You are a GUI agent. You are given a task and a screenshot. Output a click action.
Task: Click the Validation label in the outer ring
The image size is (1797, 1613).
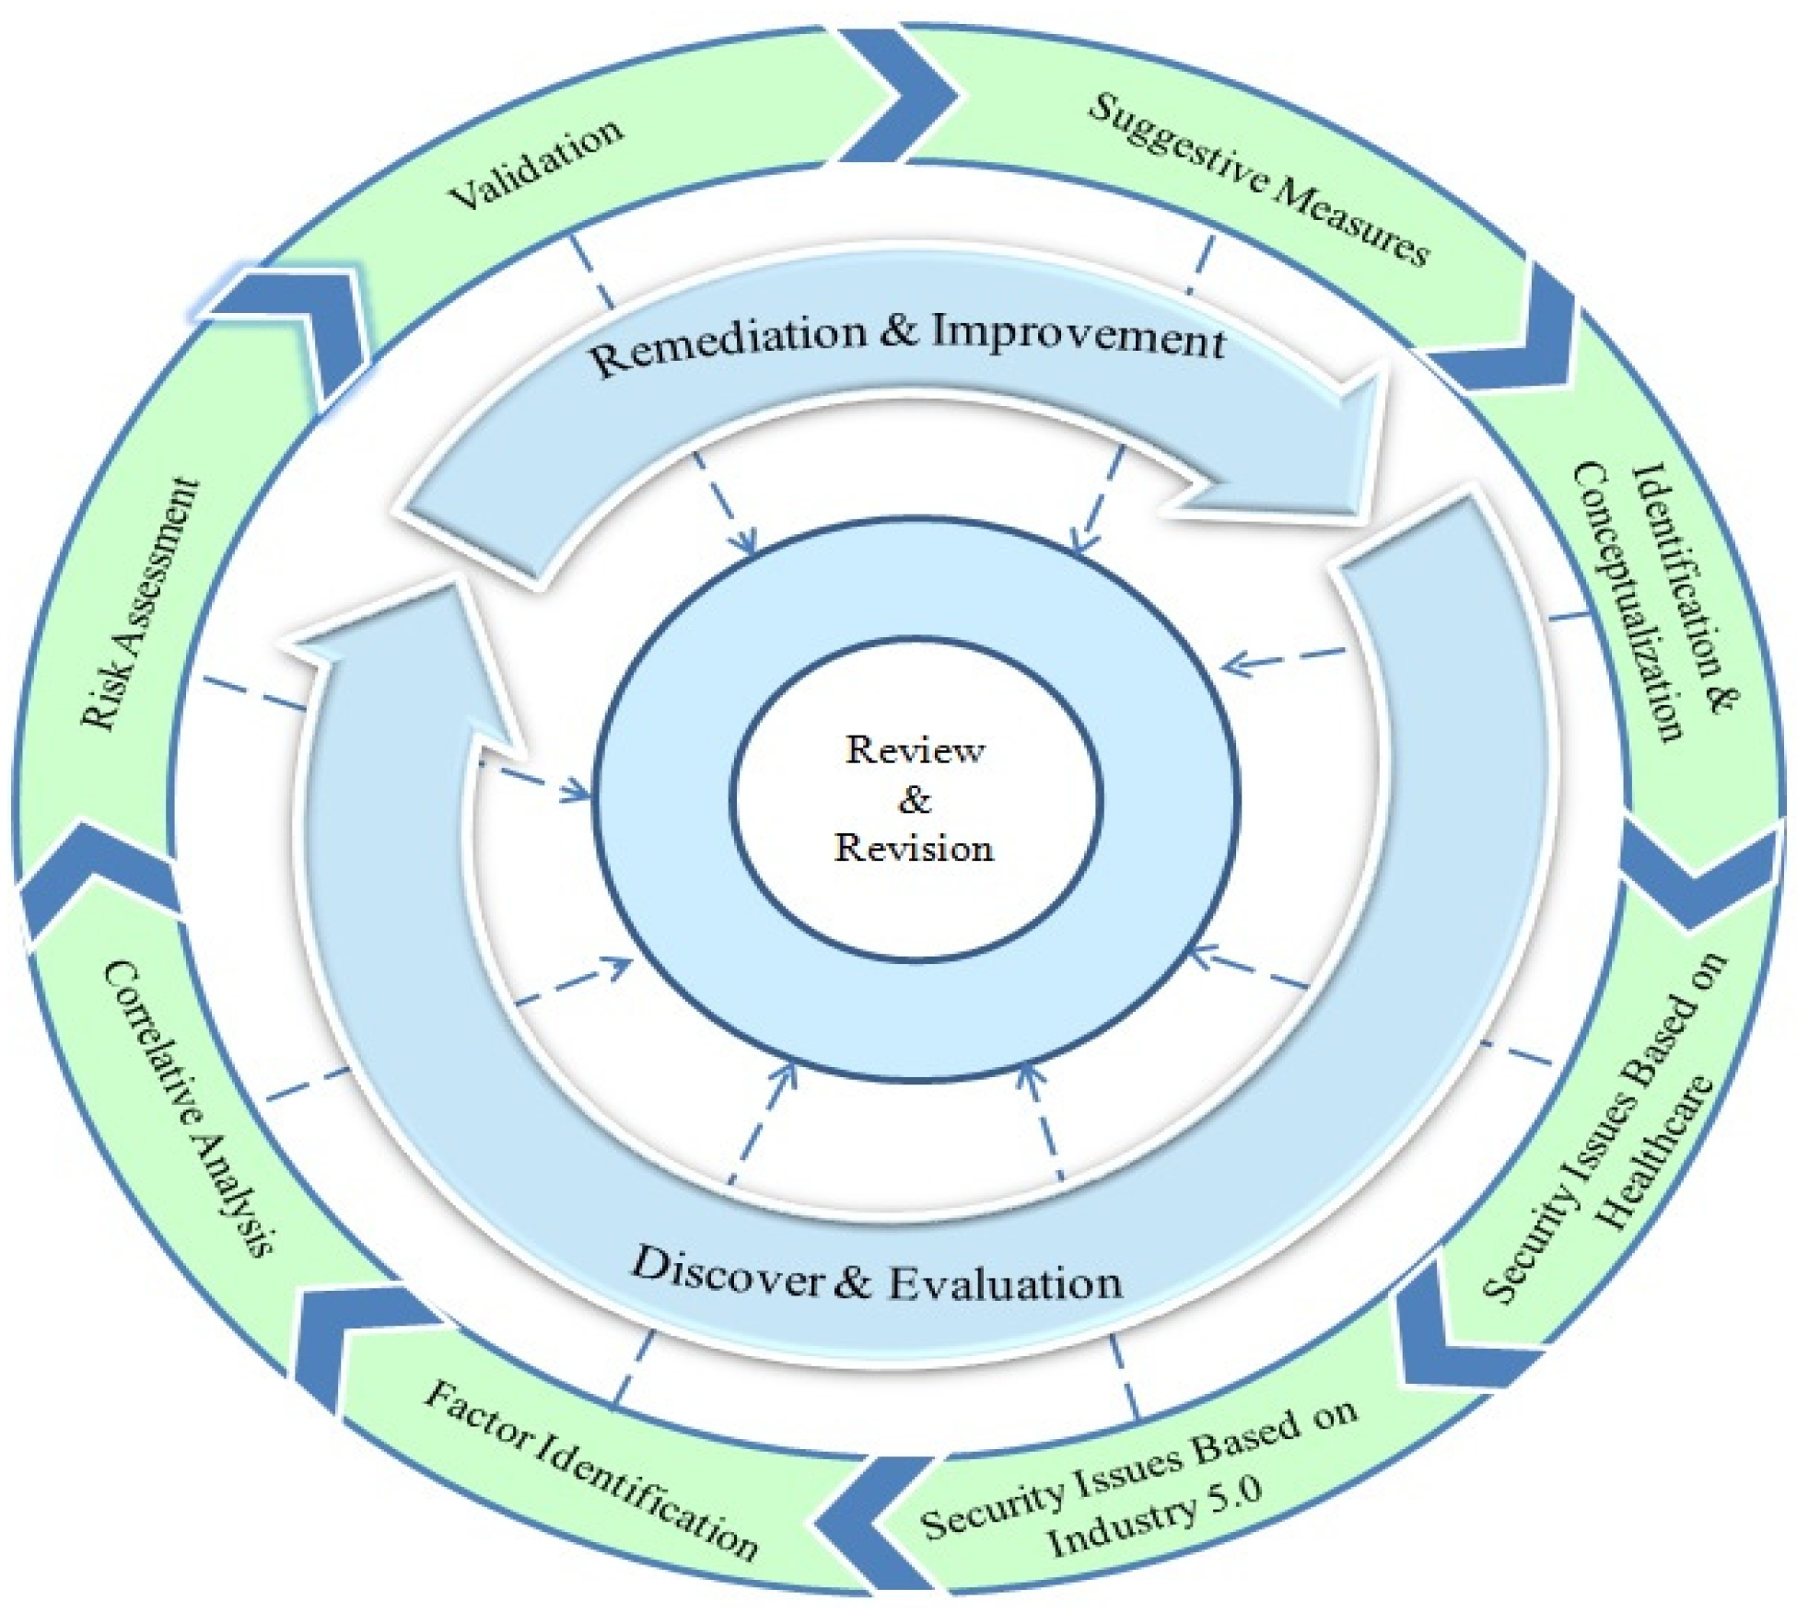tap(537, 164)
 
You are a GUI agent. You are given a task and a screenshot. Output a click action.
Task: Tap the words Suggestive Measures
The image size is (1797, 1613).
tap(1257, 180)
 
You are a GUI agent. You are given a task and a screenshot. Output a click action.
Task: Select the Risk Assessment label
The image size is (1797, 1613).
tap(140, 604)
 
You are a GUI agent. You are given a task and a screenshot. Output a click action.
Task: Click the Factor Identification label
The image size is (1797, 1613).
tap(590, 1470)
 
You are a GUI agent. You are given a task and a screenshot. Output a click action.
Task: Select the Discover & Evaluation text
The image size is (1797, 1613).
tap(876, 1277)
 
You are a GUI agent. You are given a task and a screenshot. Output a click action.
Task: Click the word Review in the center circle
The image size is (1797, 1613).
tap(915, 749)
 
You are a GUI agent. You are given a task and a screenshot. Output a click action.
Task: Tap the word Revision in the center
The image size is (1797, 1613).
tap(914, 848)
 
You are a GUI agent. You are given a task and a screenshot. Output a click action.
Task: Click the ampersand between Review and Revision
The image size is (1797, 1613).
tap(914, 799)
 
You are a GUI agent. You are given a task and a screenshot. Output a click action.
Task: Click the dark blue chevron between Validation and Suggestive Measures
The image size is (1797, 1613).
tap(898, 92)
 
